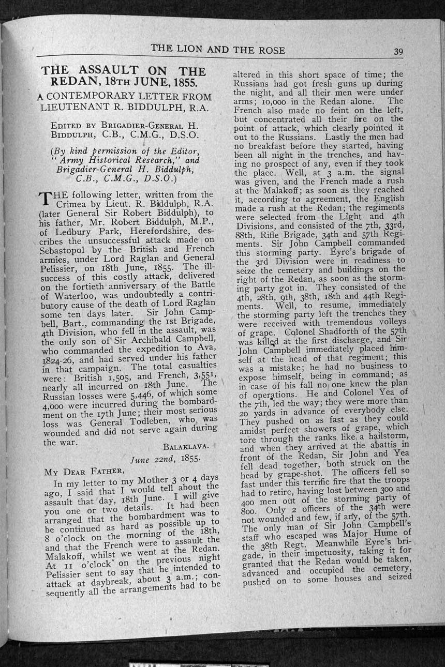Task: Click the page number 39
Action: pyautogui.click(x=398, y=51)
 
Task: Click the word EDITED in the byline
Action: pyautogui.click(x=66, y=125)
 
